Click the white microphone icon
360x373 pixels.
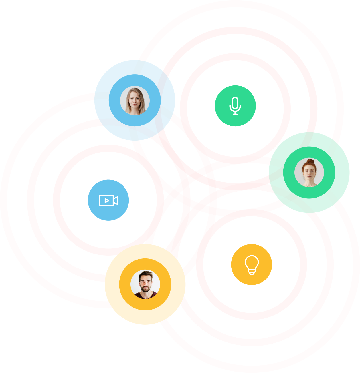coord(235,105)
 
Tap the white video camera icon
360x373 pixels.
coord(108,200)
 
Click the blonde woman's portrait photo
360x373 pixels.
coord(134,101)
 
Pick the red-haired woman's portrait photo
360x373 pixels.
coord(309,172)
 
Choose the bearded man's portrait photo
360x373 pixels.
coord(145,284)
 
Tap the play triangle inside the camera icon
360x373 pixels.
coord(107,200)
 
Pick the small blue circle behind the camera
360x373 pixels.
coord(94,212)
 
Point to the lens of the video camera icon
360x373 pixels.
coord(116,200)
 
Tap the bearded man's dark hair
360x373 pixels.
coord(145,275)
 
